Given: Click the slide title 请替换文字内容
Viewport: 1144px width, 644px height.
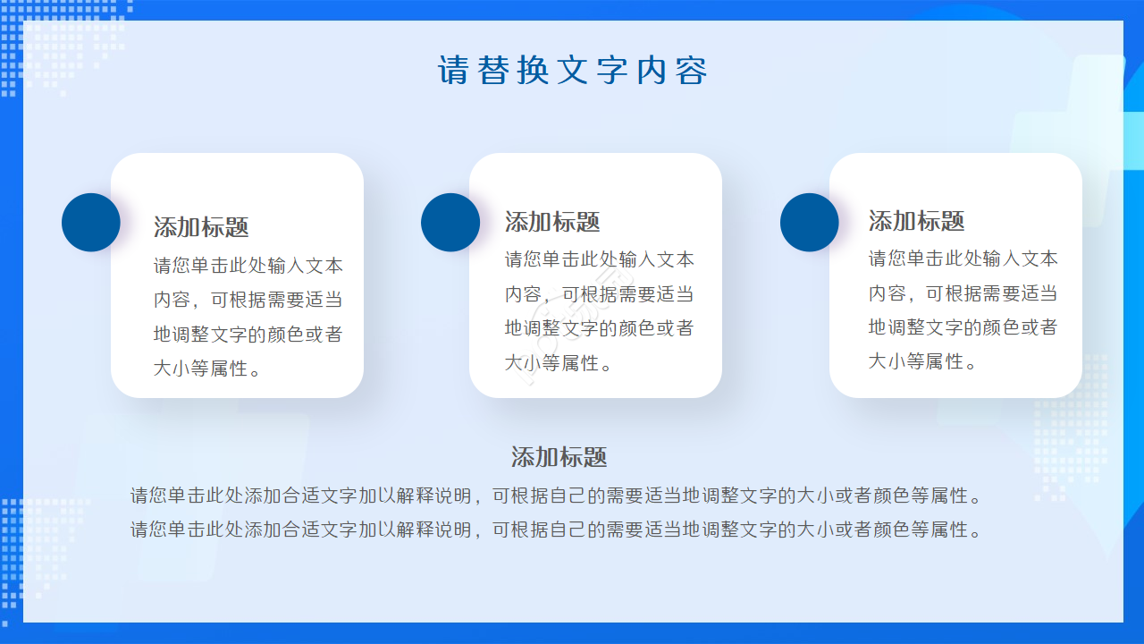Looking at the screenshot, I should [x=572, y=71].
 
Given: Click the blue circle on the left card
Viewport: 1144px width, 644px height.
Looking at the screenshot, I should [x=91, y=223].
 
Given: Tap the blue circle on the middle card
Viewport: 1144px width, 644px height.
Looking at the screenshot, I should [x=450, y=223].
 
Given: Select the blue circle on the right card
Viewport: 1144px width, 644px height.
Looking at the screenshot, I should [x=810, y=223].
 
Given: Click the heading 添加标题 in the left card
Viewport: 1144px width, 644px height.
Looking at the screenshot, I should [x=201, y=227].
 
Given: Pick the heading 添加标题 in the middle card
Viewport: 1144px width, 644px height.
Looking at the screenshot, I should [x=552, y=222].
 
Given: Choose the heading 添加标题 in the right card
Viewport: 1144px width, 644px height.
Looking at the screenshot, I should [x=916, y=221].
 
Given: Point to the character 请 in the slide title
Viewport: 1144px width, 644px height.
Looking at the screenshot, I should [x=453, y=71].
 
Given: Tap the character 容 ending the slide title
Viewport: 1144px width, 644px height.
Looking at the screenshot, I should [x=691, y=71].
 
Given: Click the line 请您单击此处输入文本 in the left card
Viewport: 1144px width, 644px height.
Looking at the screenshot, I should [x=248, y=267].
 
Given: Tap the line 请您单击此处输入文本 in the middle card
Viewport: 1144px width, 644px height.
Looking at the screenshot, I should [x=600, y=260].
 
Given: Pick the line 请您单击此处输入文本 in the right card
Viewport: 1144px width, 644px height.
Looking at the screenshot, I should [x=963, y=259].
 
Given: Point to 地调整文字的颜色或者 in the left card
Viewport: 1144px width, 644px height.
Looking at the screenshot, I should [x=248, y=335].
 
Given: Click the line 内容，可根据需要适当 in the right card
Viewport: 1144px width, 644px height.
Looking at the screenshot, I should [x=963, y=293].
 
